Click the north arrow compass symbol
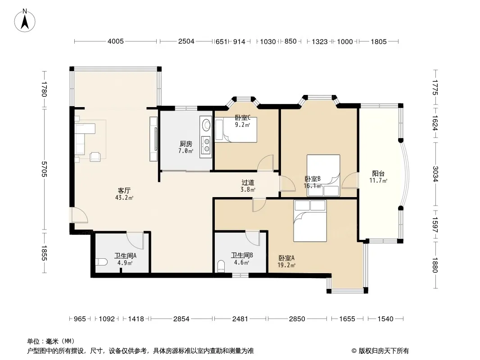(x=25, y=20)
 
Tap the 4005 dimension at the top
(x=115, y=41)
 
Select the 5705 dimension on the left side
(x=44, y=169)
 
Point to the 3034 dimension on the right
(x=435, y=173)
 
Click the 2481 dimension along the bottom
(x=240, y=319)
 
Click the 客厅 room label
(x=124, y=190)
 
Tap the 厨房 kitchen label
(x=186, y=144)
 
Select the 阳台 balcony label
(x=378, y=173)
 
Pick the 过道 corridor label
(x=248, y=183)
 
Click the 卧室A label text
(x=286, y=258)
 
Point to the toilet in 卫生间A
(x=101, y=262)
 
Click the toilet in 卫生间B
(x=221, y=266)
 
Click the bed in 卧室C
(x=235, y=130)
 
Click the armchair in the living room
(x=95, y=156)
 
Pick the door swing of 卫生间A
(x=135, y=241)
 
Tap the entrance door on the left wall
(x=80, y=216)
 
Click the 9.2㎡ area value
(x=242, y=125)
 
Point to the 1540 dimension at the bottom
(x=385, y=319)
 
